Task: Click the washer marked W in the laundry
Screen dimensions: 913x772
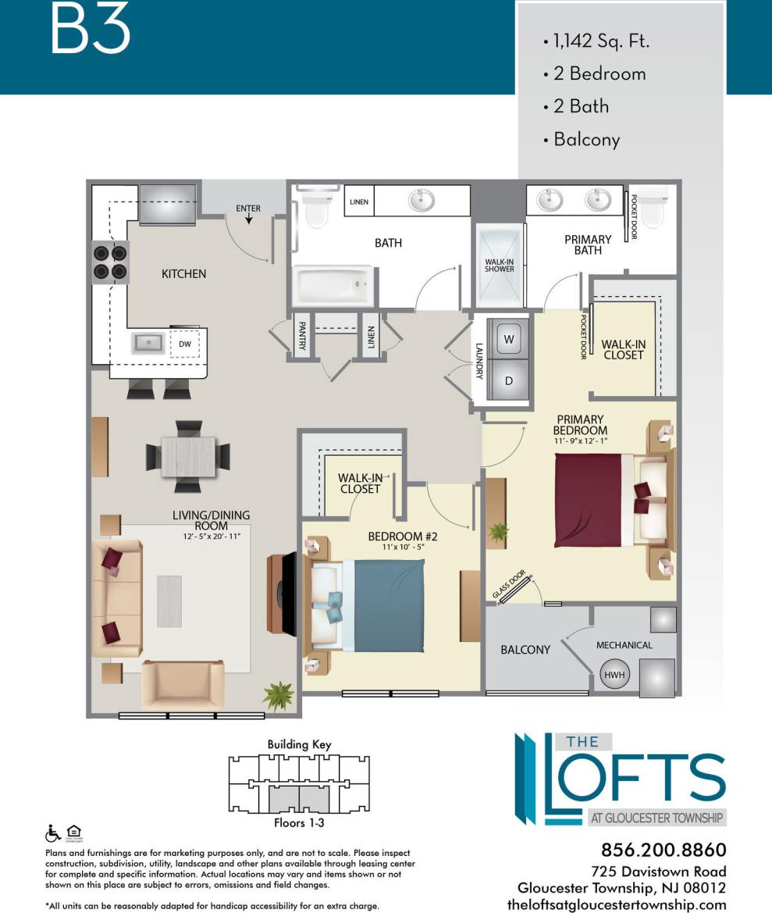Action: [509, 340]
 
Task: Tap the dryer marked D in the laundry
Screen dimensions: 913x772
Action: [509, 381]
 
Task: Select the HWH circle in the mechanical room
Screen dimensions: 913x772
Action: [615, 674]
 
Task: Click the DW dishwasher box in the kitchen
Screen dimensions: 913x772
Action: [185, 343]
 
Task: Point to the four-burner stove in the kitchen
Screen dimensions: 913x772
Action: [110, 262]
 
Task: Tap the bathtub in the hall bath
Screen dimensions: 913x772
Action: [333, 285]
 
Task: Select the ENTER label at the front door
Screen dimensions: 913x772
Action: [248, 209]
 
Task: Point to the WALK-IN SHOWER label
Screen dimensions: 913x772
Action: [500, 264]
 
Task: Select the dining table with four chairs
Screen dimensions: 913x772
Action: [188, 456]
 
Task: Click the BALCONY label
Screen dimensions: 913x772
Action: [525, 650]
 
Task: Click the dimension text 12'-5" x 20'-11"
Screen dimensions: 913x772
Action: [211, 537]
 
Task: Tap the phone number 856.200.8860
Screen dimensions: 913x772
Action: [663, 850]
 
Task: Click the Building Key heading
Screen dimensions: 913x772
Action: [299, 744]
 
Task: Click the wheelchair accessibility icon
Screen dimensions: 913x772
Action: [53, 833]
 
